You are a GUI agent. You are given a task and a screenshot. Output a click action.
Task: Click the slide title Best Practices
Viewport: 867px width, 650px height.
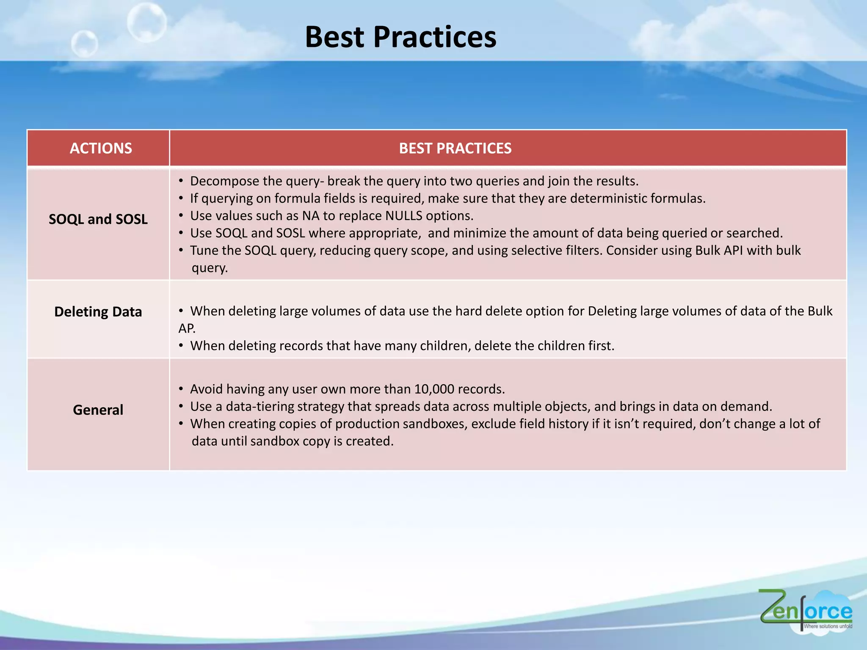(400, 37)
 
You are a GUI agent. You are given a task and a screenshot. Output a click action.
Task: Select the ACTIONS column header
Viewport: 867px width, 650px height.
(101, 148)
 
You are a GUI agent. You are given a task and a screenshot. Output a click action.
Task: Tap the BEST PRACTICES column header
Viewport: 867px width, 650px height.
(455, 148)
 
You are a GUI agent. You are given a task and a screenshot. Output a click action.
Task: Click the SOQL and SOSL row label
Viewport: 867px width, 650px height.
(98, 219)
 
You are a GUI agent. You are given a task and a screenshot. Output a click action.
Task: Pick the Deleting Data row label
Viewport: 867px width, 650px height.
(98, 312)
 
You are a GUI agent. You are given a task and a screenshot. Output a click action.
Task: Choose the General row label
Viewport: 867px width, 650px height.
(98, 410)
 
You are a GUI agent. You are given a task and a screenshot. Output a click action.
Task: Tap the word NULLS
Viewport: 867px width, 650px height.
(403, 216)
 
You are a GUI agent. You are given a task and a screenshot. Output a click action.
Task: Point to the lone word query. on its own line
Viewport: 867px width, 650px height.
(210, 268)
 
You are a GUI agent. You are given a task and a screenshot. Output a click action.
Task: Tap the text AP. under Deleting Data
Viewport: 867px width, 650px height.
(187, 328)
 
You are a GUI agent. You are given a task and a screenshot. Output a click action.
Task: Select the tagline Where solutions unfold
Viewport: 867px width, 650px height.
(828, 626)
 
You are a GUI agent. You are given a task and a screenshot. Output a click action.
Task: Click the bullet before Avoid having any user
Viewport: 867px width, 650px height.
(181, 389)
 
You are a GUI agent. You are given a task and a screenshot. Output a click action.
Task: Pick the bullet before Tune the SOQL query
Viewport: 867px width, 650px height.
(181, 251)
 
